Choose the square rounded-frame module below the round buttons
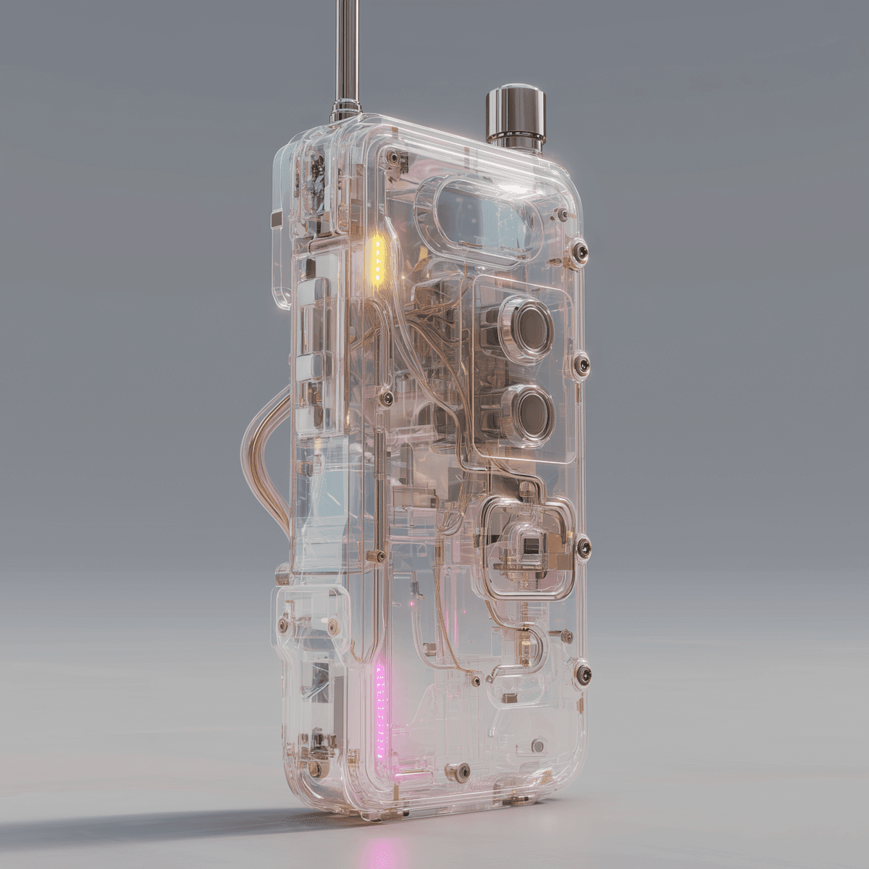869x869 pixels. click(x=528, y=547)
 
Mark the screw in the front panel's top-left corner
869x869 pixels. click(x=392, y=154)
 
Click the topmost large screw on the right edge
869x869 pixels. click(x=580, y=252)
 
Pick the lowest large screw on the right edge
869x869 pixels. click(x=582, y=673)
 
